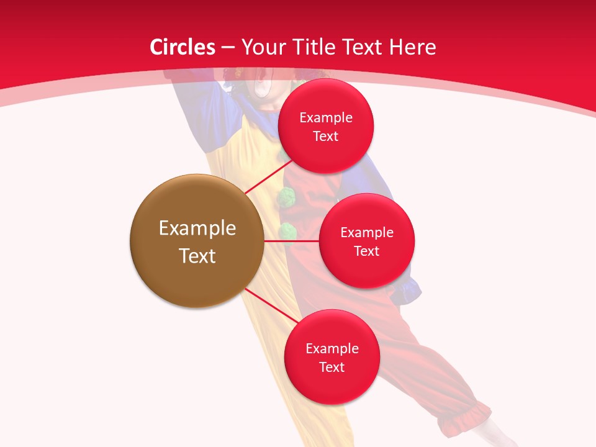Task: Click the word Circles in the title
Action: [x=182, y=47]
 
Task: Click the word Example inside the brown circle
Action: [x=197, y=228]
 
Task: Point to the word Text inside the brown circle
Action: [x=197, y=256]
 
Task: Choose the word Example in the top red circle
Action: [x=326, y=118]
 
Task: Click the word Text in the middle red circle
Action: [x=367, y=251]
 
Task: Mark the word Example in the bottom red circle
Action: [x=332, y=349]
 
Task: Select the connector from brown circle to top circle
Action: [x=268, y=176]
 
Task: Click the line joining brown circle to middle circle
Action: [x=291, y=241]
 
